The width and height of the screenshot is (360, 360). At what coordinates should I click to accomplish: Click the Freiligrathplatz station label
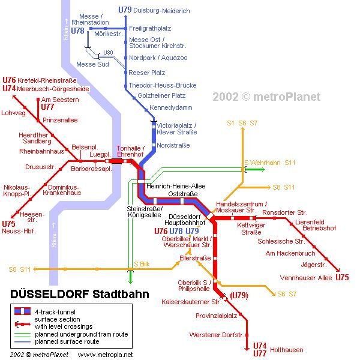point(150,28)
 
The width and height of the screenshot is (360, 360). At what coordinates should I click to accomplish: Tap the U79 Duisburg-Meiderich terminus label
point(154,10)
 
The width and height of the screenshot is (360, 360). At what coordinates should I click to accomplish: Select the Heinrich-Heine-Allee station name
point(176,186)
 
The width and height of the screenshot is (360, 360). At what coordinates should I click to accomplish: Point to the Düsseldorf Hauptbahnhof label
point(185,220)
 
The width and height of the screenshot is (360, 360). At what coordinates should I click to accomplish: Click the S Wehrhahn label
point(262,163)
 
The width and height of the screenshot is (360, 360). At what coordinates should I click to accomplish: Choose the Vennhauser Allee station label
point(306,278)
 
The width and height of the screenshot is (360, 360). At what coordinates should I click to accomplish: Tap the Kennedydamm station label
point(171,107)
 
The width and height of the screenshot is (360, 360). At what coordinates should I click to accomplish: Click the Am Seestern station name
point(60,100)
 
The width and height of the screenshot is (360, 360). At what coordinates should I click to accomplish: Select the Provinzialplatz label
point(216,316)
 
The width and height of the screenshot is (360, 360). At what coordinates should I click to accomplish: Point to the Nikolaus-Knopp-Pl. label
point(17,191)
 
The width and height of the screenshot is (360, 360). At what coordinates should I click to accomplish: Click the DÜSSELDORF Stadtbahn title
point(80,294)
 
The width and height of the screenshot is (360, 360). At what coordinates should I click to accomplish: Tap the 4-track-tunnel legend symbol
point(22,311)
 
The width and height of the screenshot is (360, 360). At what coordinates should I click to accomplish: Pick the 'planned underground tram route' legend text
point(82,334)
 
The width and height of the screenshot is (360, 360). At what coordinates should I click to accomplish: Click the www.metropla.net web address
point(105,355)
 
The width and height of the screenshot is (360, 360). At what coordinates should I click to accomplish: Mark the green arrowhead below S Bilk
point(130,281)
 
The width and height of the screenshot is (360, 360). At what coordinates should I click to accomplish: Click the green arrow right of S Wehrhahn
point(255,170)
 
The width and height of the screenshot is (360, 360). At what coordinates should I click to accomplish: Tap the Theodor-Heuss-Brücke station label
point(163,85)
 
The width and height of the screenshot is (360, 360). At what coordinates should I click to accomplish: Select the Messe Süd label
point(92,64)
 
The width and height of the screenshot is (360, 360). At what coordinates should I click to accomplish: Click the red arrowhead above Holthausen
point(247,349)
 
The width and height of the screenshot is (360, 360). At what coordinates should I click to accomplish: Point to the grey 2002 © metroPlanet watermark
point(266,97)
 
